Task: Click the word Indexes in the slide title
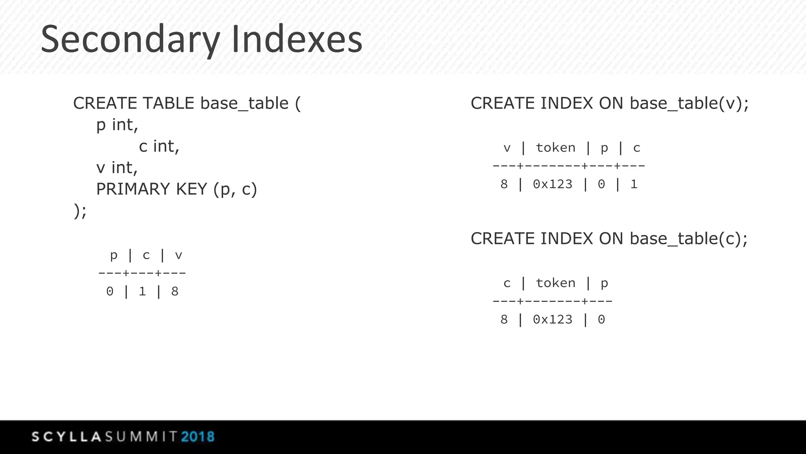click(x=297, y=39)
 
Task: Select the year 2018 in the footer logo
click(x=198, y=437)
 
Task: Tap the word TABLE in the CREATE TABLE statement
click(x=168, y=103)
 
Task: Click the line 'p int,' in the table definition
click(x=117, y=125)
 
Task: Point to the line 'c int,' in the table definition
click(x=159, y=147)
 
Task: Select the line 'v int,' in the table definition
click(x=117, y=168)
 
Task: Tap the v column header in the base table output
click(x=178, y=255)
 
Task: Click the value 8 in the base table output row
click(x=175, y=292)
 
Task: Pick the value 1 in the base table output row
click(x=142, y=292)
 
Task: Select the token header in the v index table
click(x=555, y=148)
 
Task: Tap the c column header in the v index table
click(x=636, y=148)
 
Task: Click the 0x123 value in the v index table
click(x=553, y=184)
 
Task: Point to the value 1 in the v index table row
click(x=634, y=184)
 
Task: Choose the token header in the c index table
click(x=555, y=283)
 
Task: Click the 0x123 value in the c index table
click(x=553, y=320)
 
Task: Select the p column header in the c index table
click(x=604, y=283)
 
